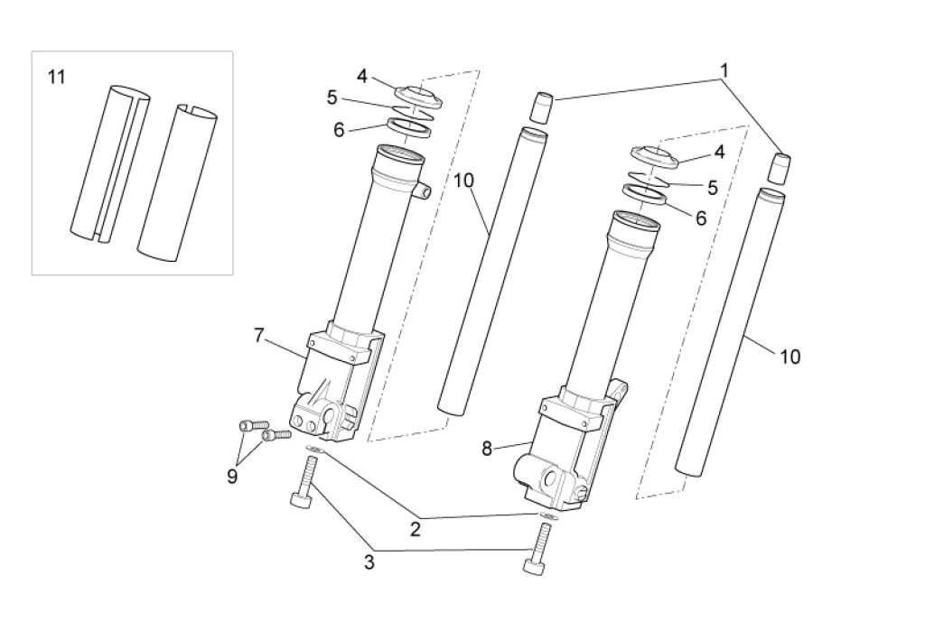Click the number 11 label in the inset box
coord(57,78)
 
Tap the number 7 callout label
coord(259,336)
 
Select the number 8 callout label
coord(487,449)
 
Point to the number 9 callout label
coord(232,476)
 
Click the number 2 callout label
coord(416,529)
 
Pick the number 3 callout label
coord(369,562)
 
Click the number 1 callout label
coord(724,70)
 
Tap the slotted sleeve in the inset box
coord(109,163)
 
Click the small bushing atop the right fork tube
coord(779,168)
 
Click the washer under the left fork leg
coord(314,450)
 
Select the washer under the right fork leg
coord(549,517)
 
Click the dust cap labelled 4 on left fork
coord(418,96)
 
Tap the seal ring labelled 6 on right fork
coord(645,194)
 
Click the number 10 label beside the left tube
coord(463,181)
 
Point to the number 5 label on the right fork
coord(713,188)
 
